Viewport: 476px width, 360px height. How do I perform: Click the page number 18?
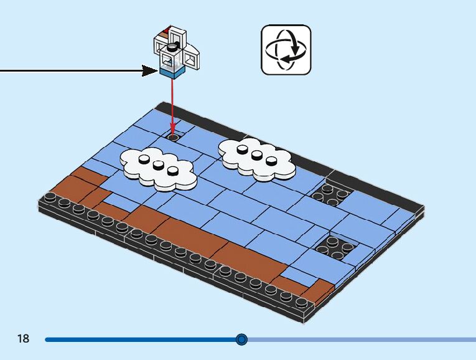[24, 339]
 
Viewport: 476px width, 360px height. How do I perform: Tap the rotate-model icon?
[286, 50]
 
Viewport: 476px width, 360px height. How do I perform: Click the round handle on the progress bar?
[242, 339]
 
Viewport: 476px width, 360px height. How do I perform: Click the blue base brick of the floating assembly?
[172, 73]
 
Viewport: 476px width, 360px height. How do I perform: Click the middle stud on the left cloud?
[159, 165]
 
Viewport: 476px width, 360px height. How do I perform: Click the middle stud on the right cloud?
[257, 155]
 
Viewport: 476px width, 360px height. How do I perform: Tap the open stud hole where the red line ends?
[173, 136]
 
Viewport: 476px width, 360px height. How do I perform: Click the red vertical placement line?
[173, 106]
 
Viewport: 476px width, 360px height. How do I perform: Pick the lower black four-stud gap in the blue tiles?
[335, 247]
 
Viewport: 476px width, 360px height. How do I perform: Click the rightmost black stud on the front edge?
[302, 303]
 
